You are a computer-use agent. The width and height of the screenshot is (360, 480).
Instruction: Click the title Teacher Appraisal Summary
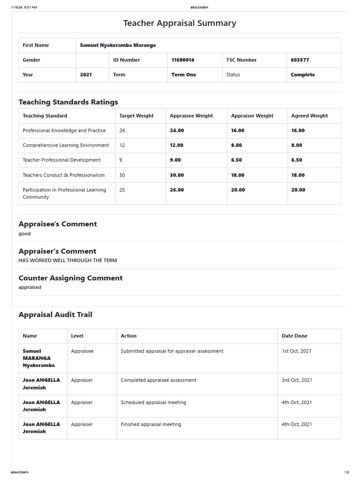(x=180, y=23)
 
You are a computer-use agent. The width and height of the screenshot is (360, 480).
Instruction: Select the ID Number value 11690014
(x=183, y=60)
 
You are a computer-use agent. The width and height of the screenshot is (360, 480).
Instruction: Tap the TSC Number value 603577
(x=300, y=60)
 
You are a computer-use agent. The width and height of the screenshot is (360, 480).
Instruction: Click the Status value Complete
(x=302, y=75)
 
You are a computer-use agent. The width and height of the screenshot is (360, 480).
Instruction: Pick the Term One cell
(x=184, y=75)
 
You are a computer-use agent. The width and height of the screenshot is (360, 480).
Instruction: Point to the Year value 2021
(x=86, y=75)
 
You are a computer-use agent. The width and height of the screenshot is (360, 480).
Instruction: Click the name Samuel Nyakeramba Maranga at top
(x=118, y=45)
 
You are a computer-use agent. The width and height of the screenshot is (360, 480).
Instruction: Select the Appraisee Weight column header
(x=191, y=116)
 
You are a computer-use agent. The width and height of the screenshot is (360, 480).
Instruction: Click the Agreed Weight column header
(x=309, y=116)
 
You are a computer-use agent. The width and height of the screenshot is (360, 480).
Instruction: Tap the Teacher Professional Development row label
(x=61, y=160)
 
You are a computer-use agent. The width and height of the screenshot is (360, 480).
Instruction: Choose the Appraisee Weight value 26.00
(x=177, y=190)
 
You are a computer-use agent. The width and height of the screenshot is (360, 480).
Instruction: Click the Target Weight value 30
(x=122, y=175)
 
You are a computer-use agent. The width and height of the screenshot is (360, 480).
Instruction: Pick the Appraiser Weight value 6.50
(x=236, y=160)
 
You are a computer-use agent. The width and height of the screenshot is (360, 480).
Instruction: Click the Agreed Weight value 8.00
(x=297, y=145)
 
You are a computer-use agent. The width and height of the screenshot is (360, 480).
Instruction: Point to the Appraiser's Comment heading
(x=57, y=251)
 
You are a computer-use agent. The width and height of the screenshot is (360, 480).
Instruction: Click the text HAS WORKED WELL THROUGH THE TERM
(x=67, y=260)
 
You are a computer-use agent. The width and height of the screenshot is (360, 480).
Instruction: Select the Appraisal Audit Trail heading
(x=55, y=315)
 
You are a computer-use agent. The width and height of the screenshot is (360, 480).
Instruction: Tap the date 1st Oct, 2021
(x=296, y=351)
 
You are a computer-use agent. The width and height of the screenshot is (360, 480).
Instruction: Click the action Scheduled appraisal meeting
(x=153, y=402)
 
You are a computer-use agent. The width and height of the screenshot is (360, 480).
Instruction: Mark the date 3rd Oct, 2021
(x=297, y=380)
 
